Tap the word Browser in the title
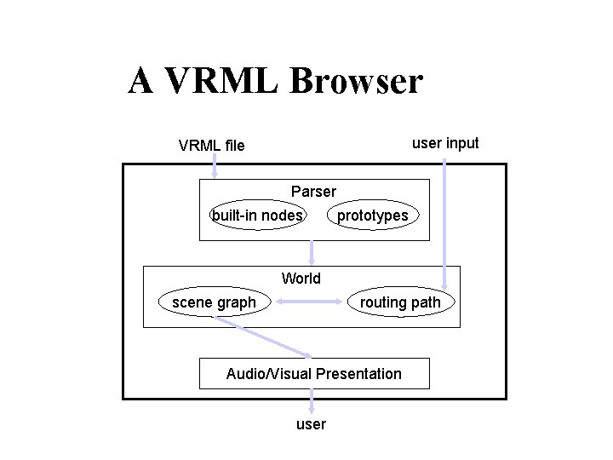tap(356, 81)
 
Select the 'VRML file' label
tap(211, 146)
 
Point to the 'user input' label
tap(445, 143)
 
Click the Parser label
tap(313, 191)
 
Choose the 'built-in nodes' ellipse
tap(257, 216)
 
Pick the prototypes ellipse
tap(372, 216)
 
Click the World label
tap(301, 279)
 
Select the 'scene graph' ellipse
tap(214, 302)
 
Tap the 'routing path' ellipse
tap(400, 302)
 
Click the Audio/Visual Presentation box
tap(313, 373)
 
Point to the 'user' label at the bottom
tap(311, 423)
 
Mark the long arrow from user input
tap(445, 221)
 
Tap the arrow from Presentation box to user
tap(312, 400)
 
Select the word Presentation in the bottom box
tap(358, 373)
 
